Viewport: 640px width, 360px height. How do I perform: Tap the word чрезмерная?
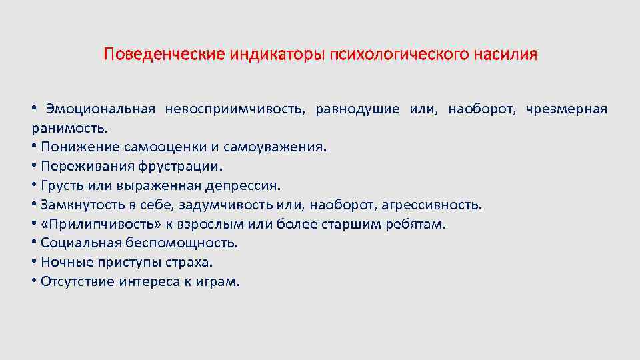point(566,109)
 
